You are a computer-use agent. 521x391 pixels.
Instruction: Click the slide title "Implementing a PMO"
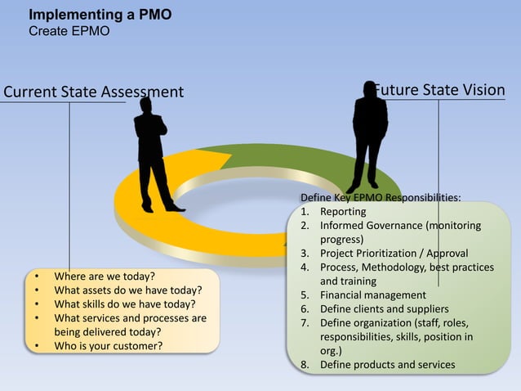tap(100, 15)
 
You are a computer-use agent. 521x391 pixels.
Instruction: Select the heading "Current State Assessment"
tap(94, 92)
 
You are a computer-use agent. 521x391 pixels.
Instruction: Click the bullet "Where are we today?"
tap(105, 276)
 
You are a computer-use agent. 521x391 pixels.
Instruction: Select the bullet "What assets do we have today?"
tap(127, 290)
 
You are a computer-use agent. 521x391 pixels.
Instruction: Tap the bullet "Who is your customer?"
tap(109, 345)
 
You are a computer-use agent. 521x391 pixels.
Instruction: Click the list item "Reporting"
tap(343, 212)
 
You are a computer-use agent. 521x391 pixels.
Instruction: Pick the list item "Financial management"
tap(372, 295)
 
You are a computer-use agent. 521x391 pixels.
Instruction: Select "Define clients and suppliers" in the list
tap(384, 309)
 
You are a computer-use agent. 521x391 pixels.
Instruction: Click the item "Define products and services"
tap(387, 365)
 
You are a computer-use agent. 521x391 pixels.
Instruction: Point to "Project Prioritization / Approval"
tap(394, 254)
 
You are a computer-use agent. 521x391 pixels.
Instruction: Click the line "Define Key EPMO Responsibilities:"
tap(380, 198)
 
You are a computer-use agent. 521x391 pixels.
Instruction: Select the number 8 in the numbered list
tap(304, 365)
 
